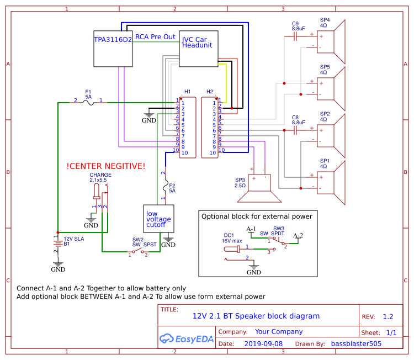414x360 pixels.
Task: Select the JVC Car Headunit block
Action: [x=199, y=49]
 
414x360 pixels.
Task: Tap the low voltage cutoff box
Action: [x=158, y=219]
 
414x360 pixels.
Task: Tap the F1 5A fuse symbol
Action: [x=88, y=102]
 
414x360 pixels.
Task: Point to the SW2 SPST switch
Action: [x=138, y=252]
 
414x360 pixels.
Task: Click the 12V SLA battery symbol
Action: [x=57, y=241]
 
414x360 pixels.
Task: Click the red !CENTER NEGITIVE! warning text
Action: [x=105, y=166]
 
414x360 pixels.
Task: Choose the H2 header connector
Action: [x=210, y=127]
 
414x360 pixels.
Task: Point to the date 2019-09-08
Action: [x=263, y=343]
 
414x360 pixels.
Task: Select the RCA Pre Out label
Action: [x=155, y=37]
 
